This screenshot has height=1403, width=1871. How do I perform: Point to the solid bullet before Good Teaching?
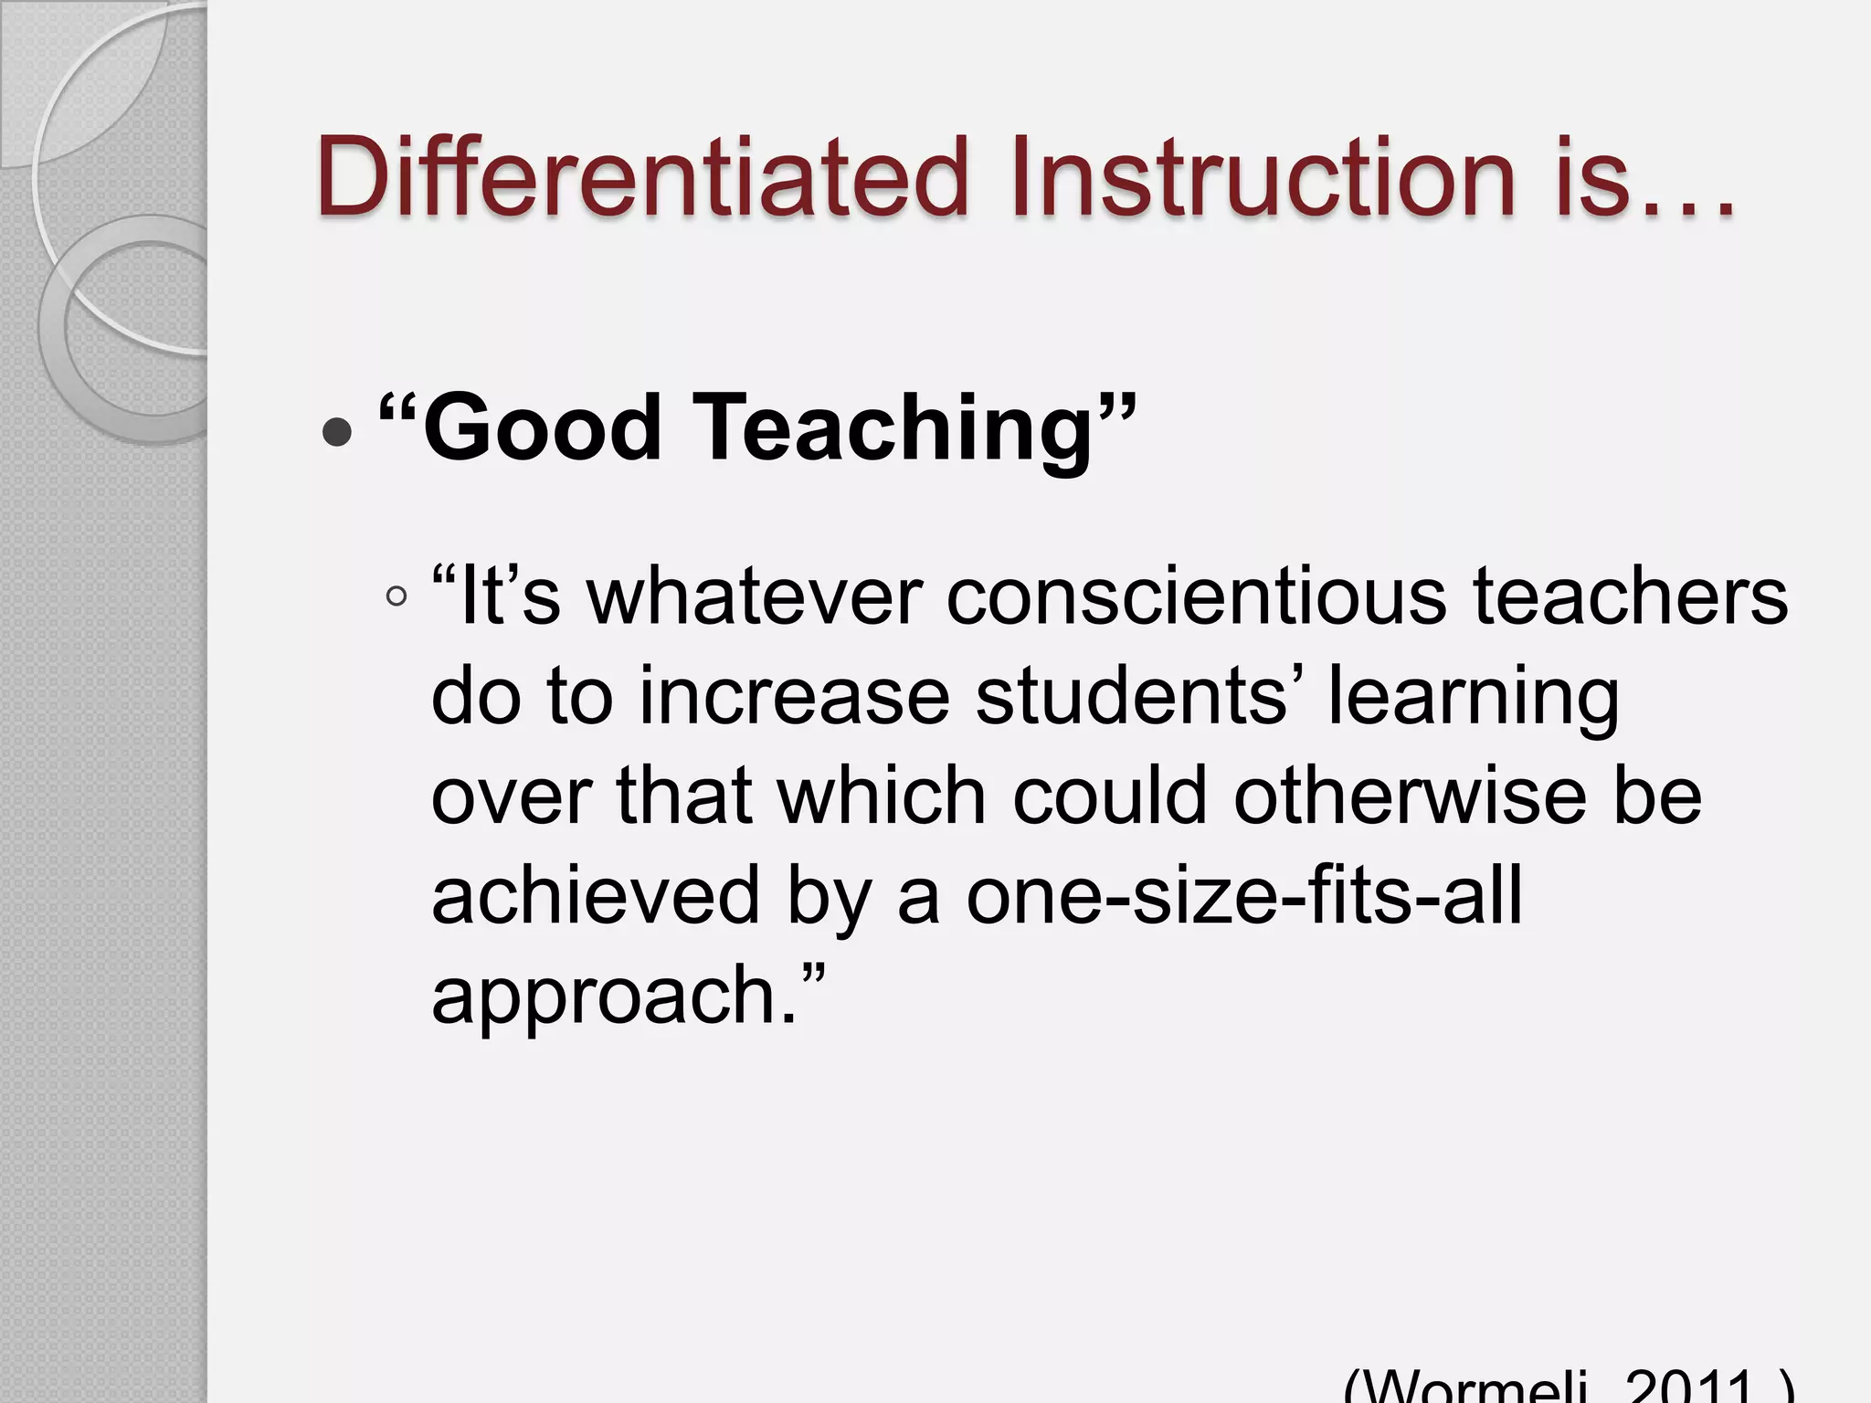(x=337, y=433)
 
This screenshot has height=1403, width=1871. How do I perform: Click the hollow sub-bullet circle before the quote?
(x=396, y=597)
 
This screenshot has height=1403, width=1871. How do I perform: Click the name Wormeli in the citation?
(x=1471, y=1392)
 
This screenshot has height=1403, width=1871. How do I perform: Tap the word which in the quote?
(x=882, y=796)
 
